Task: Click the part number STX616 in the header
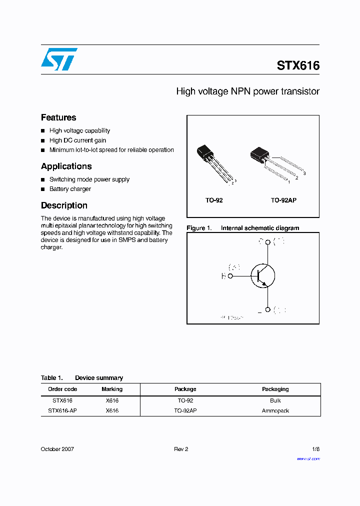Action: click(298, 66)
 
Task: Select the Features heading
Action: click(58, 117)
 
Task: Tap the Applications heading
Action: click(66, 166)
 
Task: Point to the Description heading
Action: click(64, 205)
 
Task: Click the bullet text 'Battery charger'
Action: click(70, 189)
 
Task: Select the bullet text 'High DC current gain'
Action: click(77, 140)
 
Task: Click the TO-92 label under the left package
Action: click(214, 200)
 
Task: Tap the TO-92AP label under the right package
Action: click(283, 200)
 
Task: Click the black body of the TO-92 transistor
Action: click(204, 152)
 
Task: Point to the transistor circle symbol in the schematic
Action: click(263, 275)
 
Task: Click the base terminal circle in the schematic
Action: click(230, 275)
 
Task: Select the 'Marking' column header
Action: click(112, 389)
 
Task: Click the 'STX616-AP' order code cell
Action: click(62, 410)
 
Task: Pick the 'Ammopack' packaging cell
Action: click(275, 410)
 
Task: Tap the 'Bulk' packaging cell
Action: click(275, 400)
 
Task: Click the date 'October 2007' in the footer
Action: click(57, 449)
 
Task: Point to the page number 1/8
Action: click(315, 449)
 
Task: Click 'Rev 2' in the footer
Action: click(181, 449)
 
